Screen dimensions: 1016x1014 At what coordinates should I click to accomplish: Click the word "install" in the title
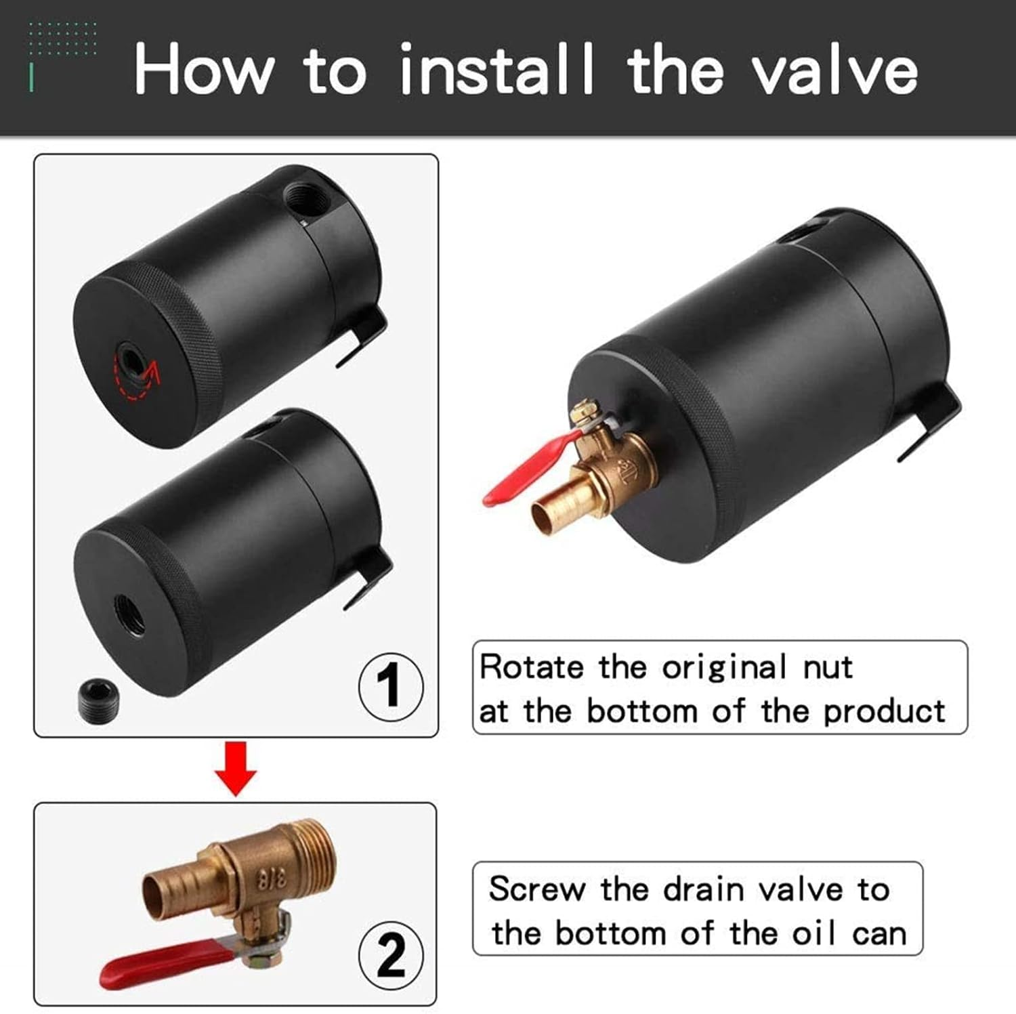[496, 69]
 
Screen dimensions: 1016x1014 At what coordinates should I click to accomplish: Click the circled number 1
[391, 687]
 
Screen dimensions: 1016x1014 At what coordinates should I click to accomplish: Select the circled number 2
[391, 956]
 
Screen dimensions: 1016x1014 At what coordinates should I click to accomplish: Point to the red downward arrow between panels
[235, 769]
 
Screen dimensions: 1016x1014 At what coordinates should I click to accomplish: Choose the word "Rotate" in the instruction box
[532, 667]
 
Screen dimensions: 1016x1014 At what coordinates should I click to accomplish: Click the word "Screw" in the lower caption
[536, 889]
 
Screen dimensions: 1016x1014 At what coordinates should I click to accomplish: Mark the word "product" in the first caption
[884, 712]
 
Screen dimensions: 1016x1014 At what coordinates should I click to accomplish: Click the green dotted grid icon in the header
[62, 39]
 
